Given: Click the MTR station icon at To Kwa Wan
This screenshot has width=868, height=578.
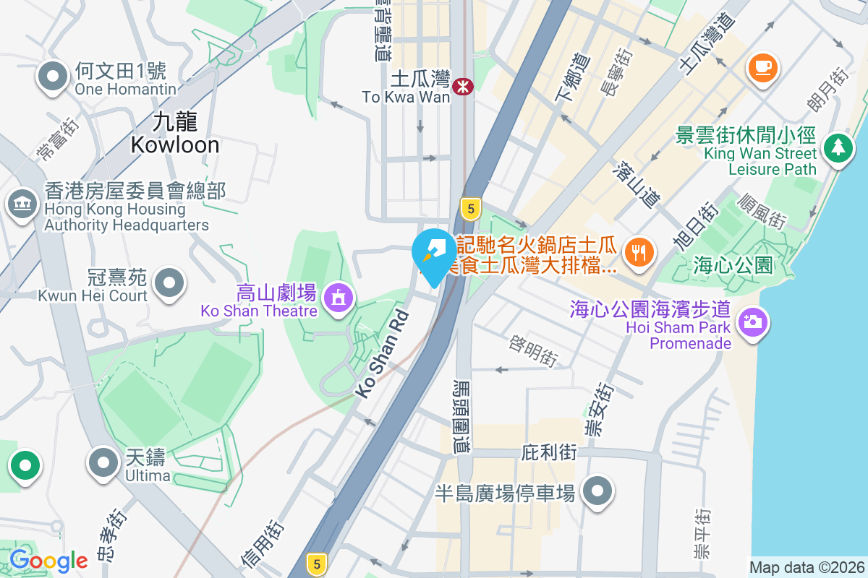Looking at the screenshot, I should (461, 87).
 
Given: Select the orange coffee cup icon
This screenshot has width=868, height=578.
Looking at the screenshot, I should (762, 68).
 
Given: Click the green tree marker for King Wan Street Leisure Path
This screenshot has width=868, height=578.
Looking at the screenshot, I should (838, 147).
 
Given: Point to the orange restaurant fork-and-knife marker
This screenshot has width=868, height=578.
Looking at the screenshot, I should (638, 252).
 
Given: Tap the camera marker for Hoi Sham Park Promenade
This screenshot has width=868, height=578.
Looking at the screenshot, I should (753, 321).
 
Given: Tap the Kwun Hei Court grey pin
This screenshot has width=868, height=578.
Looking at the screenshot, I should (170, 282).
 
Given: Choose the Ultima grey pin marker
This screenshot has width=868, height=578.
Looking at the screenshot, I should (103, 462).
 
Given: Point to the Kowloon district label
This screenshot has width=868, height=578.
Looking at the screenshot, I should (175, 133).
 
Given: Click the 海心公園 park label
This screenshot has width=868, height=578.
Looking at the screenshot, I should (733, 265).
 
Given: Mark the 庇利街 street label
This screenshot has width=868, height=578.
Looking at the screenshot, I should (549, 453).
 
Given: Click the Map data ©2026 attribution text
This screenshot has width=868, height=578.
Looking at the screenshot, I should (807, 567).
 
